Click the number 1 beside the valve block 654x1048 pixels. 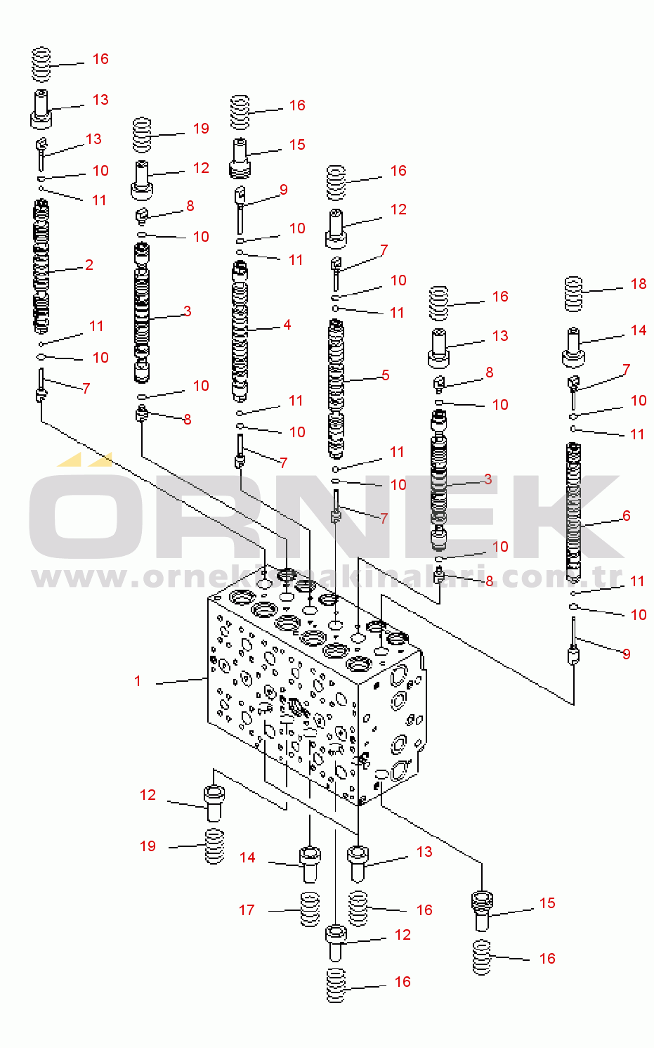tap(138, 680)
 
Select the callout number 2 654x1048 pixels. tap(89, 265)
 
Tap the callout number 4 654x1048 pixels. tap(287, 325)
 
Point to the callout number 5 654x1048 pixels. tap(385, 375)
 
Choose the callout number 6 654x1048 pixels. tap(626, 516)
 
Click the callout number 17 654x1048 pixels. tap(247, 910)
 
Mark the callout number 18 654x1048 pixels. tap(638, 284)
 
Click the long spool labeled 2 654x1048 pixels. tap(41, 267)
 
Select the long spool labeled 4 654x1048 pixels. tap(240, 330)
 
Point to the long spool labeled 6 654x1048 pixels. tap(573, 513)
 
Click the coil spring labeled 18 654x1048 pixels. tap(574, 295)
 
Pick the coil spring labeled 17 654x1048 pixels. tap(309, 909)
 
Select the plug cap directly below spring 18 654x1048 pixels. tap(573, 347)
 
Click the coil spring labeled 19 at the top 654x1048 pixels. tap(142, 134)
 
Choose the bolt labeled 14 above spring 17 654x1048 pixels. tap(310, 864)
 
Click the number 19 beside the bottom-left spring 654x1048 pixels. tap(148, 846)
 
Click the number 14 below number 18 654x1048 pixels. tap(638, 330)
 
